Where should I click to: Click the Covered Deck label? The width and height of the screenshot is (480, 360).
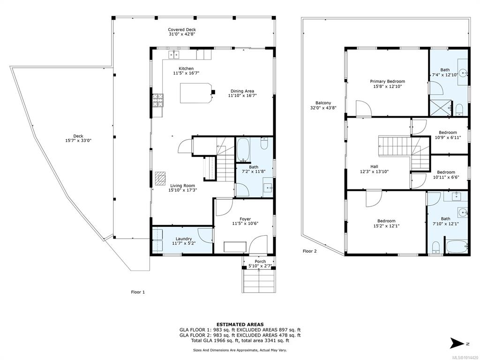182,30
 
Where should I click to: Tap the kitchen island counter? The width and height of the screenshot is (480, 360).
196,93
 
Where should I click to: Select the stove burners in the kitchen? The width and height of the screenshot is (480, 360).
158,100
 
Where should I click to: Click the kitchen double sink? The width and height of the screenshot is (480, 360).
174,54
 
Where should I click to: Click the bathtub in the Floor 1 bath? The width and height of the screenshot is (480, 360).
243,150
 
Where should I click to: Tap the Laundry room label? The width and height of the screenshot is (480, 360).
184,239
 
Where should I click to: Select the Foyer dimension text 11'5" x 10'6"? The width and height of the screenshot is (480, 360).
245,224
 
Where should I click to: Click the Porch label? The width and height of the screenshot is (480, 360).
260,262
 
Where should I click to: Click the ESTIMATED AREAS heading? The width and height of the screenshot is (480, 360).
240,324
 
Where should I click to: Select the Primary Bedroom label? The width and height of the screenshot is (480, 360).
388,82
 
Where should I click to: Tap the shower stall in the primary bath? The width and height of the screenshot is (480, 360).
441,108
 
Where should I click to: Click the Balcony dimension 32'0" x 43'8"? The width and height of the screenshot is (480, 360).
323,107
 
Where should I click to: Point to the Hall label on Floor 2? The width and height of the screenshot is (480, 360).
375,166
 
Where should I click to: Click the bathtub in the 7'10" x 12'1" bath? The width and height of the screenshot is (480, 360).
457,246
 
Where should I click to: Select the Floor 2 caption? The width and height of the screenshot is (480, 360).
310,251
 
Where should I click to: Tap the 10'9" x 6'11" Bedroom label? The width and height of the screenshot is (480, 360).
448,133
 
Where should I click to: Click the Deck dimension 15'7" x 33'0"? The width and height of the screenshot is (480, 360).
78,141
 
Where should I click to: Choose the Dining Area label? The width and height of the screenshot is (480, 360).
242,91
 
